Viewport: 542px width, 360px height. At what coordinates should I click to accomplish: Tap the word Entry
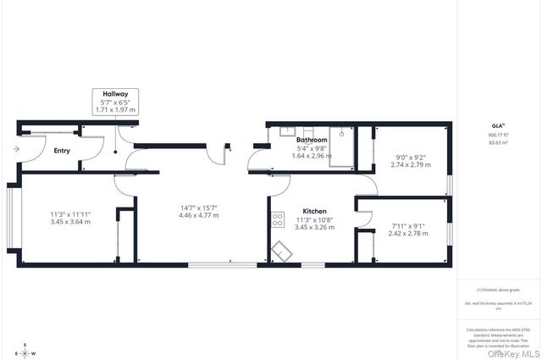tap(62, 152)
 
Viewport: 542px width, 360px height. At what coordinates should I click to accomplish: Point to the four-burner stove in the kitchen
tap(277, 220)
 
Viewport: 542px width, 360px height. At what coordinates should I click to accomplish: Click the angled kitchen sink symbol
tap(281, 252)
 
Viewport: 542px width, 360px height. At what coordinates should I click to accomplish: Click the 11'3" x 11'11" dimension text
tap(69, 213)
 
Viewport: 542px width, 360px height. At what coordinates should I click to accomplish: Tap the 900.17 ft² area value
tap(498, 135)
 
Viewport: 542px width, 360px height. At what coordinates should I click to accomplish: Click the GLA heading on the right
tap(497, 125)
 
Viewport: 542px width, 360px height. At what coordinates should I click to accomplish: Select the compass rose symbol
tap(25, 350)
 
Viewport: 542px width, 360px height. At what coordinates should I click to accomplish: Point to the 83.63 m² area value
tap(498, 142)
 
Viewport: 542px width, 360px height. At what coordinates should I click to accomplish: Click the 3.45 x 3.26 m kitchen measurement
tap(313, 227)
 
